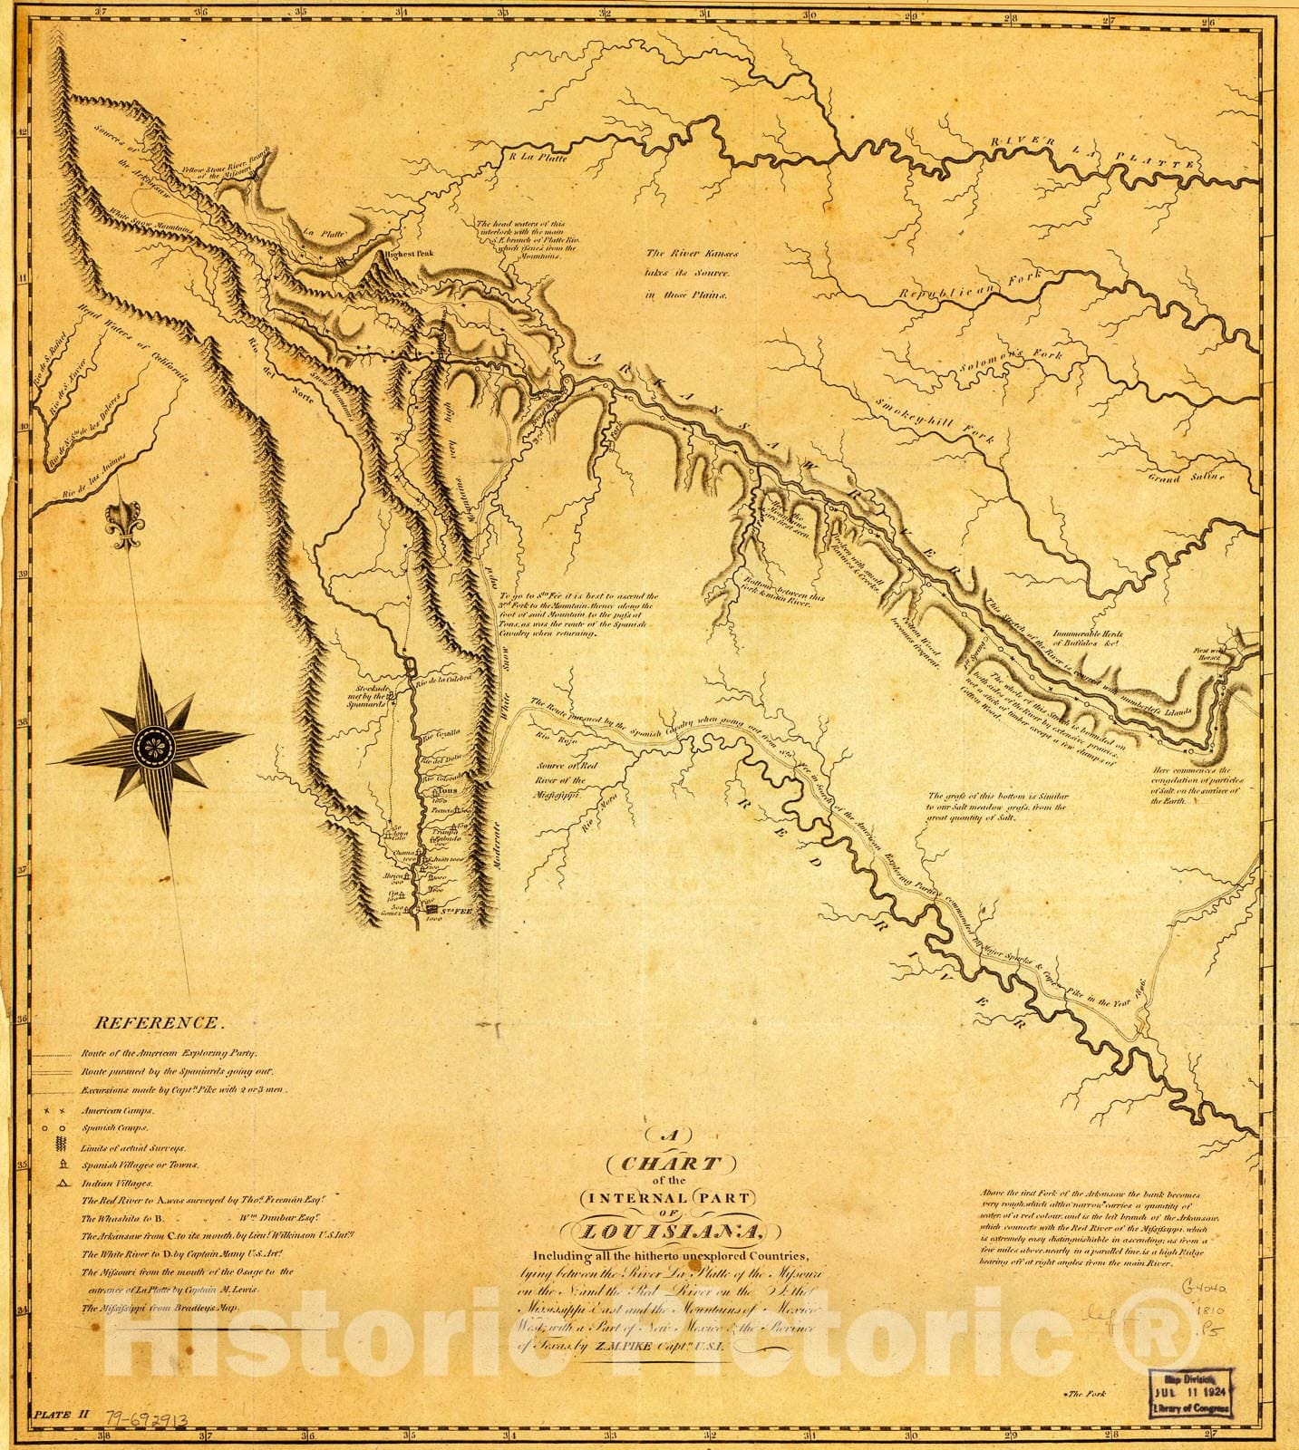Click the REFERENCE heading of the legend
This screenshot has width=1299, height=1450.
(x=158, y=1022)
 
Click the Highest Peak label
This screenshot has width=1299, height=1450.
(x=408, y=255)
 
